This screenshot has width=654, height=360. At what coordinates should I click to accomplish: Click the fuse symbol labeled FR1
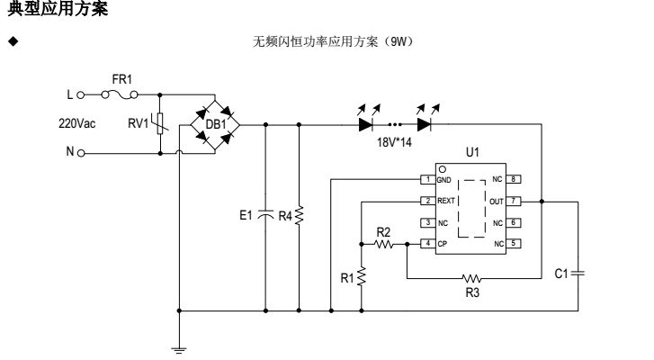tap(121, 94)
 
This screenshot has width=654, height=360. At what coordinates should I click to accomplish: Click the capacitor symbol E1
tap(266, 217)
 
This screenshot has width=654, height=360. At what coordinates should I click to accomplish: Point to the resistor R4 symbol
tap(299, 217)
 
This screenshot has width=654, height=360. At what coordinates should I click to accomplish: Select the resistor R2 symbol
tap(386, 243)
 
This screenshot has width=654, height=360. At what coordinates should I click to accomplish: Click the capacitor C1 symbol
tap(576, 269)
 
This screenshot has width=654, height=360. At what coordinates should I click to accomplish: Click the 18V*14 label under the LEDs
tap(395, 143)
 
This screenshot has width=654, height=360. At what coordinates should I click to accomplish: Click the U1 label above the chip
tap(473, 155)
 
